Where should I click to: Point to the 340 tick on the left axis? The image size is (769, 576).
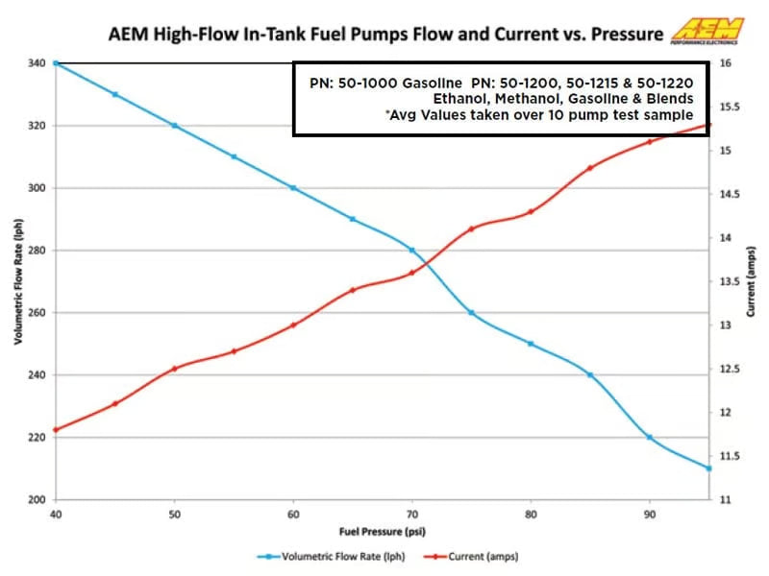click(37, 63)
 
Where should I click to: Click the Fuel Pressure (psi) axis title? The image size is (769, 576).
click(382, 531)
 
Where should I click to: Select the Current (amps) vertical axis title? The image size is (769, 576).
click(752, 280)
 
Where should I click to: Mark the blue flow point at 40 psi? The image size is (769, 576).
click(56, 63)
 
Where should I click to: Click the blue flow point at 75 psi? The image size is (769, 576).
click(471, 313)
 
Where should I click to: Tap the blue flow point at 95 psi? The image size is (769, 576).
click(708, 468)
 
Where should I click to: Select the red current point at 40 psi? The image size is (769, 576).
click(56, 430)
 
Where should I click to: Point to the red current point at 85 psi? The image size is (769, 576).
click(590, 168)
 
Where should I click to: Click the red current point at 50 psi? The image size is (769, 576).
click(174, 369)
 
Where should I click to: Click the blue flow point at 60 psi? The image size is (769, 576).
click(293, 188)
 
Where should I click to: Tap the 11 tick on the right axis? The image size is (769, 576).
click(724, 500)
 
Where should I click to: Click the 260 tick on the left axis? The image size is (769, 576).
click(37, 313)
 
